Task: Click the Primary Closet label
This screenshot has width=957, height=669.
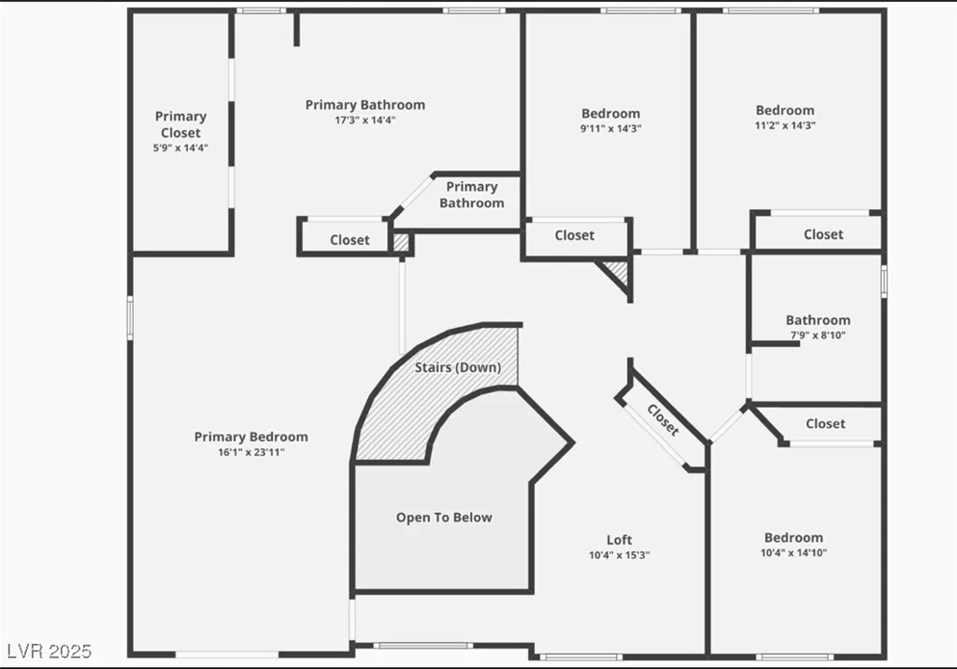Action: pyautogui.click(x=180, y=124)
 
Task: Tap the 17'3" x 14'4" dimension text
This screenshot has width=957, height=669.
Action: pyautogui.click(x=365, y=121)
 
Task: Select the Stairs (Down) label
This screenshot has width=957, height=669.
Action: pyautogui.click(x=458, y=367)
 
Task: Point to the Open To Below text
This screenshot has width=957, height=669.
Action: pyautogui.click(x=444, y=518)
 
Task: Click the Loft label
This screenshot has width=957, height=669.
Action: pyautogui.click(x=619, y=540)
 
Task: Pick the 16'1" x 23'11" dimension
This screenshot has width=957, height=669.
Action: pyautogui.click(x=250, y=452)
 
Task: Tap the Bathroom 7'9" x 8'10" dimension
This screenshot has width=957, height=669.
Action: pyautogui.click(x=818, y=335)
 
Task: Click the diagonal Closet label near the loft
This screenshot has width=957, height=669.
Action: pyautogui.click(x=663, y=420)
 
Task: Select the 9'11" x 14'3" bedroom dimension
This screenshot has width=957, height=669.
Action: pyautogui.click(x=610, y=129)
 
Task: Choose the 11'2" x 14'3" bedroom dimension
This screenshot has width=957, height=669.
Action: pyautogui.click(x=785, y=126)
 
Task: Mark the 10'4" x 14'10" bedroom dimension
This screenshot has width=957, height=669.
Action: pyautogui.click(x=793, y=553)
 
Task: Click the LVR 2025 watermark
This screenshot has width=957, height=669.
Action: pyautogui.click(x=50, y=651)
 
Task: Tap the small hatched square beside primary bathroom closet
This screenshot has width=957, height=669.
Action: pyautogui.click(x=401, y=242)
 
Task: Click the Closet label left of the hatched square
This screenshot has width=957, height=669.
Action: pyautogui.click(x=350, y=240)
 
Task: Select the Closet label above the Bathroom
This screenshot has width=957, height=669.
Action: pyautogui.click(x=823, y=235)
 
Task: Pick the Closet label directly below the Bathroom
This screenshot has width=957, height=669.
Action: pyautogui.click(x=825, y=423)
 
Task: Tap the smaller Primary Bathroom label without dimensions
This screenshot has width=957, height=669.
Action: pyautogui.click(x=472, y=194)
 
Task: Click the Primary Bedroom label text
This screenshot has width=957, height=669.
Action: pyautogui.click(x=250, y=437)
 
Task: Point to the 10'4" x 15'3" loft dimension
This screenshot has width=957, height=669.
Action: pyautogui.click(x=619, y=555)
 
